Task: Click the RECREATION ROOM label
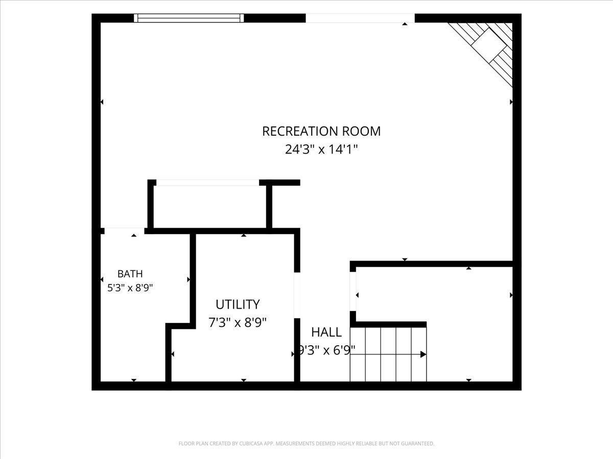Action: (321, 131)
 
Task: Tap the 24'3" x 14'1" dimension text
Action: (321, 149)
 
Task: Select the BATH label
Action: (130, 274)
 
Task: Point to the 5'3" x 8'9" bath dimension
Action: (130, 288)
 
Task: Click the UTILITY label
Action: (238, 304)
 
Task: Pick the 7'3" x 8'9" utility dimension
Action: (238, 323)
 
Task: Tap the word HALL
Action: (326, 332)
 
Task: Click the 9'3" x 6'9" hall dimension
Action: (326, 350)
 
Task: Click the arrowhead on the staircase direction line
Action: (423, 354)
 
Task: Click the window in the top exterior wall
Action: (189, 18)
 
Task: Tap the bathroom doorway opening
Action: (125, 231)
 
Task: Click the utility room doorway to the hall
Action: (297, 295)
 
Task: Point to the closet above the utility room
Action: (210, 207)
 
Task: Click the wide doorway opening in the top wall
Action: (360, 18)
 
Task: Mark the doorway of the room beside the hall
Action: (353, 292)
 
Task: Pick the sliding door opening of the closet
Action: (208, 183)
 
